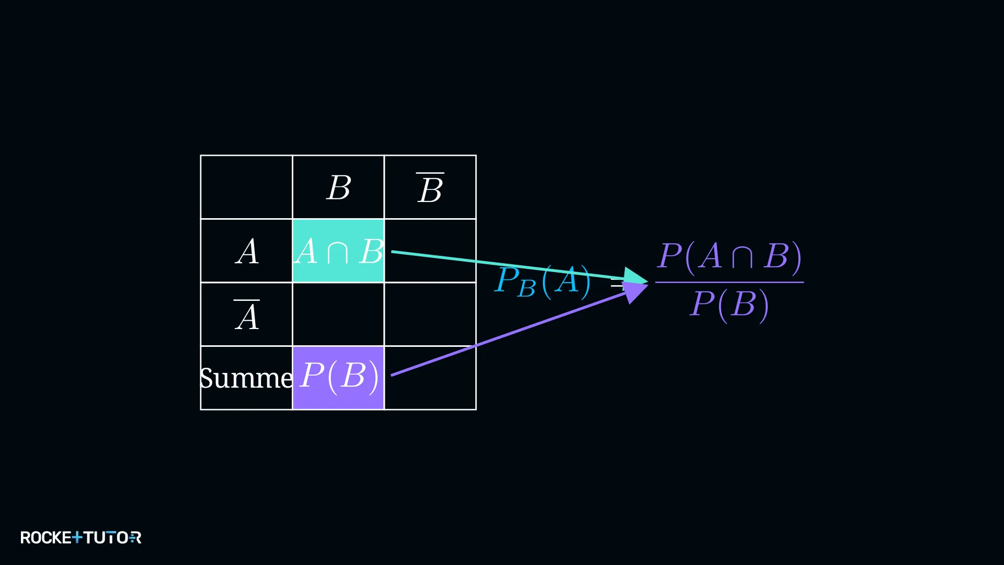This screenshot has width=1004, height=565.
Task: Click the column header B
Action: coord(339,187)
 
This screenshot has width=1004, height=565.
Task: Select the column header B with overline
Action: coord(430,188)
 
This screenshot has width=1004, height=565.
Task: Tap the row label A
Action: coord(247,252)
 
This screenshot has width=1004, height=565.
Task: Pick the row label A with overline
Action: coord(247,315)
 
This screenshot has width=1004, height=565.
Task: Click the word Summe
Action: coord(246,378)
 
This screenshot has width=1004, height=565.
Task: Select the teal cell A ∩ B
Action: coord(338,251)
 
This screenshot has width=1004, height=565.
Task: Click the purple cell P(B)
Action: coord(338,378)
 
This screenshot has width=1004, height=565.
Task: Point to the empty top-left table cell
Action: coord(246,187)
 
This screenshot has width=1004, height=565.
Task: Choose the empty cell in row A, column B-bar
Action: coord(430,251)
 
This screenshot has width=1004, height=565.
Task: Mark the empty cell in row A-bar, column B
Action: coord(338,314)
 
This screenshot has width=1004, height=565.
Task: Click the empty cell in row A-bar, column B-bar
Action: coord(430,314)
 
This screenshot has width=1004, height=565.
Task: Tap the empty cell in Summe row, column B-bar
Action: coord(430,378)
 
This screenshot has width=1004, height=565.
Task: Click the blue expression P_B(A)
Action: coord(543,281)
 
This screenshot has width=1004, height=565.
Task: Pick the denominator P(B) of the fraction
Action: coord(729,305)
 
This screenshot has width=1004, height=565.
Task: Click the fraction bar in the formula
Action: coord(729,282)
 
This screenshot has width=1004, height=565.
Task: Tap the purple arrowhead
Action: coord(636,292)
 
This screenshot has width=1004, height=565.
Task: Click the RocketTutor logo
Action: coord(81,537)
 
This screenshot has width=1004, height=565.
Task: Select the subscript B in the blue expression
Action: coord(527,289)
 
